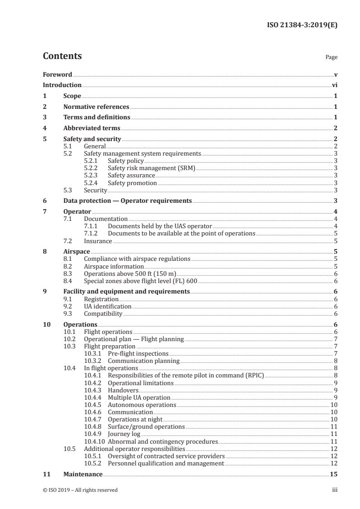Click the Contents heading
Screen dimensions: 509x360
(62, 56)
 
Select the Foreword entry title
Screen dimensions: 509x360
(57, 74)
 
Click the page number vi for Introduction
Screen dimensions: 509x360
(335, 85)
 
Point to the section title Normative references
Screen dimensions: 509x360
(96, 107)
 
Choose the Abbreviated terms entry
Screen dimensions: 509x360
(92, 128)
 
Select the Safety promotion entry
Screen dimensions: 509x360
(132, 183)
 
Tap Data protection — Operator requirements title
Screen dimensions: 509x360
(127, 201)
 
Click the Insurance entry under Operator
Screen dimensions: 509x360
(98, 241)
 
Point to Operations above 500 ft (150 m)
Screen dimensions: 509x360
(130, 274)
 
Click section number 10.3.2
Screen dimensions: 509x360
(94, 361)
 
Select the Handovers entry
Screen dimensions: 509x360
(123, 390)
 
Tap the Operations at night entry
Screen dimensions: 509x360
(135, 419)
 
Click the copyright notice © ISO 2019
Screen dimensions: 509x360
(80, 490)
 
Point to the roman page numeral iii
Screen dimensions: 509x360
(335, 490)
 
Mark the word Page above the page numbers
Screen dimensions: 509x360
(331, 58)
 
